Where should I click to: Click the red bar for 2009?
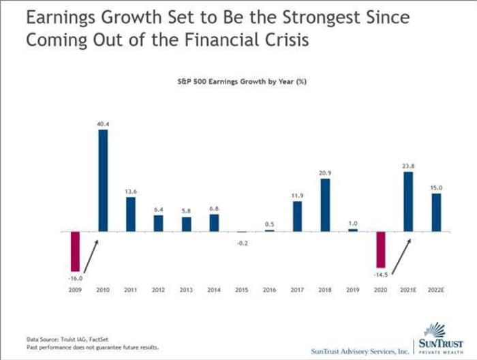75,251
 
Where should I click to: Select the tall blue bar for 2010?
103,180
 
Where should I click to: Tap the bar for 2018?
326,205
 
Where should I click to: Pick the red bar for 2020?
381,249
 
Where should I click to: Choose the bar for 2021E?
409,201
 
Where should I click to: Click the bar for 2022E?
437,213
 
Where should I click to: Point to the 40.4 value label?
103,124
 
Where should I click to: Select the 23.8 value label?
409,165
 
